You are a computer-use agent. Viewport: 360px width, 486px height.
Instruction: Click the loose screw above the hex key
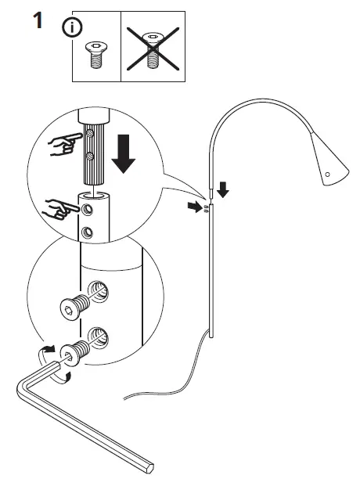[x=71, y=311]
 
